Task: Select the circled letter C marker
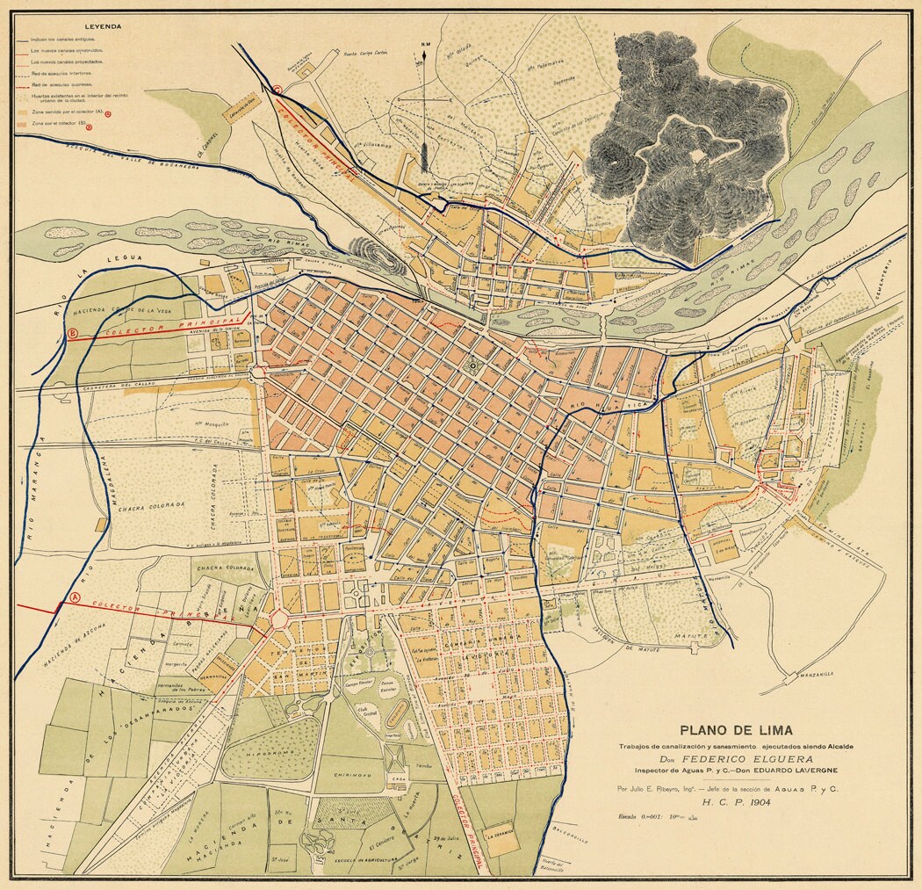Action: click(277, 89)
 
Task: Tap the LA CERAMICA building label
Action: click(496, 837)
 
